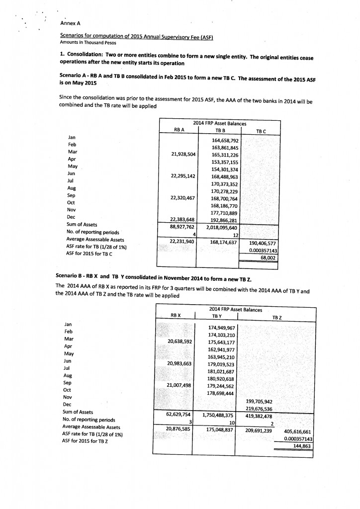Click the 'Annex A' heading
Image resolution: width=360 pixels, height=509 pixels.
pyautogui.click(x=70, y=23)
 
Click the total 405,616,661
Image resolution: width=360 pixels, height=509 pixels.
pyautogui.click(x=299, y=431)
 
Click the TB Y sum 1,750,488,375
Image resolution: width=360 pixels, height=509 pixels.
pyautogui.click(x=218, y=417)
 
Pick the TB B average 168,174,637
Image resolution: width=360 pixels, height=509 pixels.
pyautogui.click(x=223, y=243)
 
